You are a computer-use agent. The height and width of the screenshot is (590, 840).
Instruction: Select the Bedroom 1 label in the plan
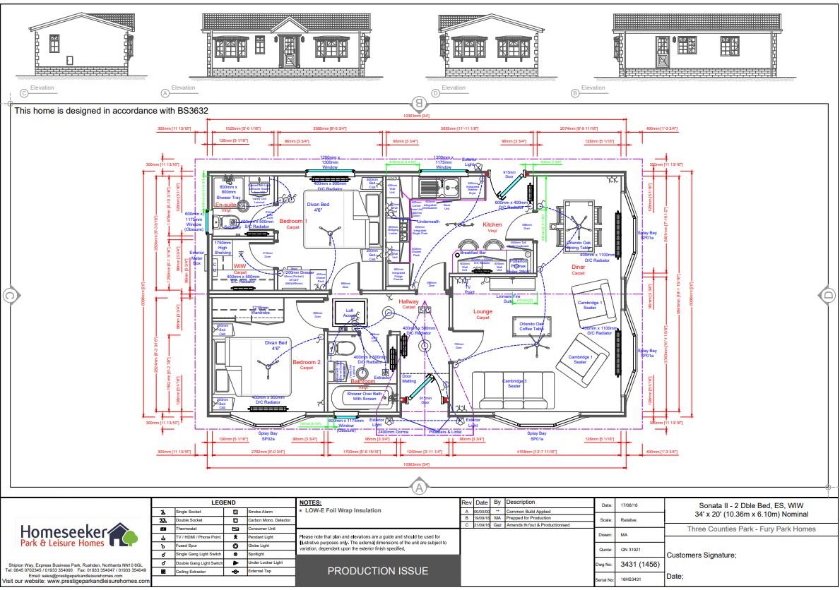[293, 222]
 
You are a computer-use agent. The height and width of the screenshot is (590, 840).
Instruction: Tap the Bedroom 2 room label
[307, 363]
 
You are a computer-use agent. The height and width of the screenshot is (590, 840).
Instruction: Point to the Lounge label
[483, 311]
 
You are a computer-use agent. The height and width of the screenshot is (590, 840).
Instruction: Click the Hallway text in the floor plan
[409, 303]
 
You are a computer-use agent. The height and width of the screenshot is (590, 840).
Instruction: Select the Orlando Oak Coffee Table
[528, 327]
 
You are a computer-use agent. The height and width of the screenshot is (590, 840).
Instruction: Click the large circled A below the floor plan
[418, 486]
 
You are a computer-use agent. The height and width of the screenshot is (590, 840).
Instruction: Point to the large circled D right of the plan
[827, 295]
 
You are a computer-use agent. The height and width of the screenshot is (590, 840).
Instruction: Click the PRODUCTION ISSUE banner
[377, 570]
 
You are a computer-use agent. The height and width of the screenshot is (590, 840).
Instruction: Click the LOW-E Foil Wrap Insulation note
[341, 510]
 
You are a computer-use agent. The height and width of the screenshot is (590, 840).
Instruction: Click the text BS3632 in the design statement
[190, 111]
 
